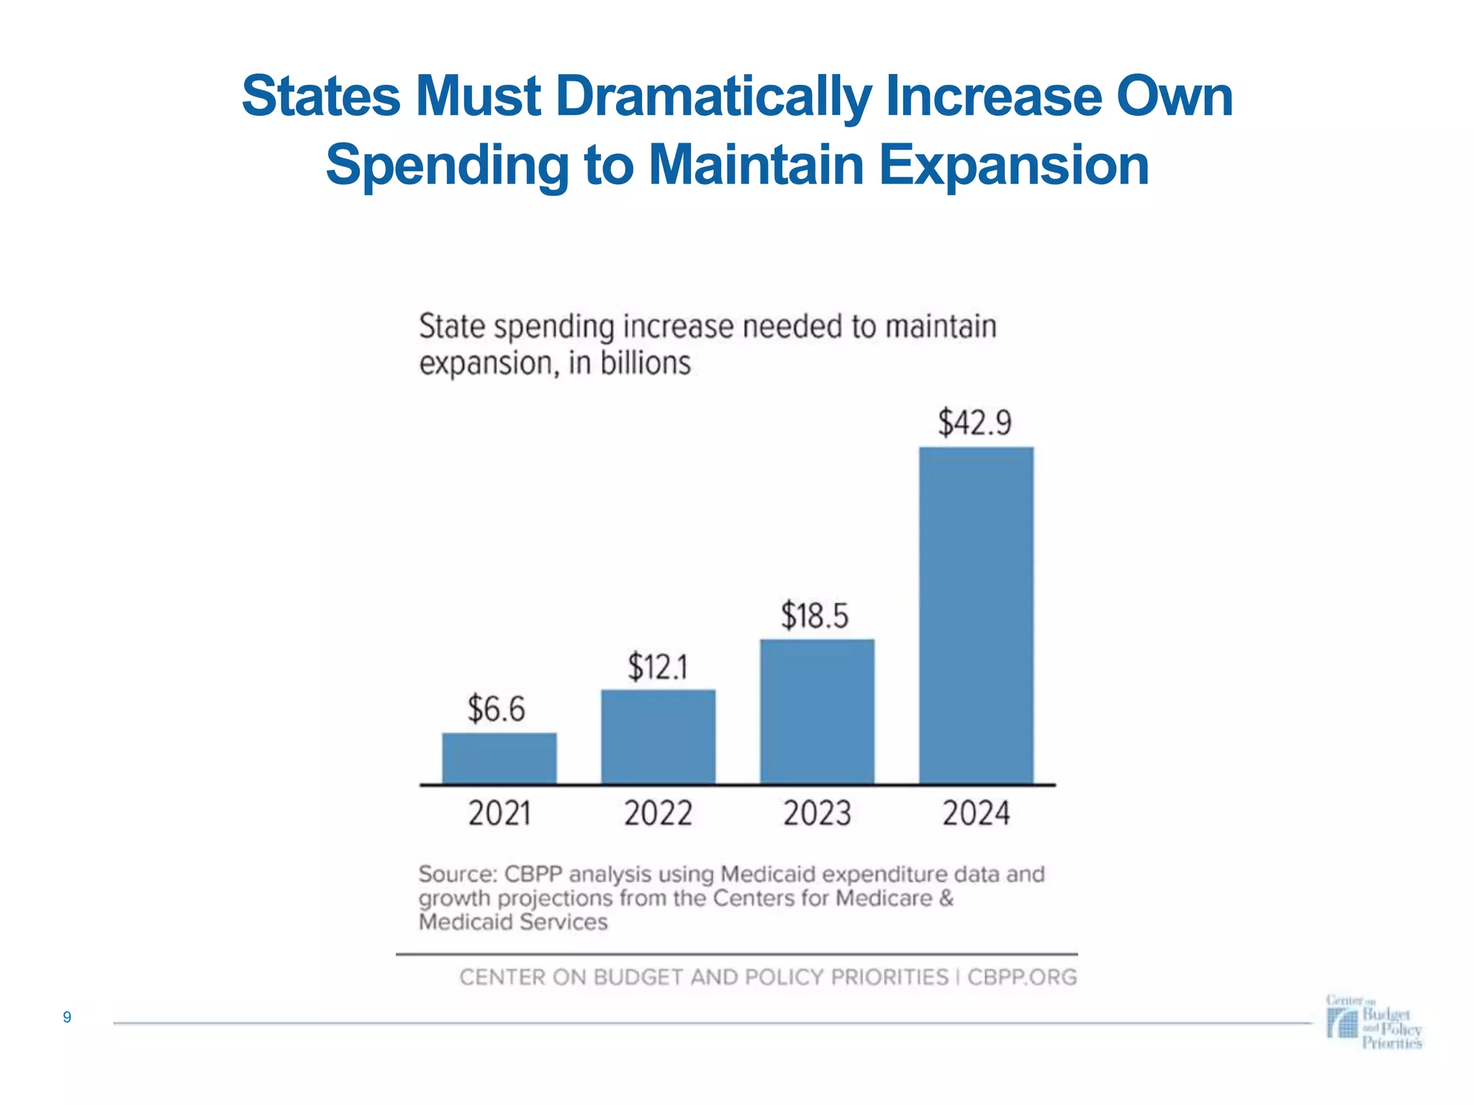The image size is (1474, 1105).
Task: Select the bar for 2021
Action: (499, 758)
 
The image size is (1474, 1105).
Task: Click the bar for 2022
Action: (658, 737)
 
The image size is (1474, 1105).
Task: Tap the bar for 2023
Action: (817, 711)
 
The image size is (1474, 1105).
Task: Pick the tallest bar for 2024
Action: (976, 615)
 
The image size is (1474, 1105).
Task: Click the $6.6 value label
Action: (497, 709)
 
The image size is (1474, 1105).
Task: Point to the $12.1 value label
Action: (658, 667)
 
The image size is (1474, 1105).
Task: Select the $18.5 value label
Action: (815, 617)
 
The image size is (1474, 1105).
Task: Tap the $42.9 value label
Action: (975, 422)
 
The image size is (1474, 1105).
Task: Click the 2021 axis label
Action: (499, 814)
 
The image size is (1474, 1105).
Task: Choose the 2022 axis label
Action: (658, 814)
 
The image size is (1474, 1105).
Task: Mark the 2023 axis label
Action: (817, 814)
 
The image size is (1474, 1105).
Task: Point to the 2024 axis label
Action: (977, 814)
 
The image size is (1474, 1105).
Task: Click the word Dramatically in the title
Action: (713, 97)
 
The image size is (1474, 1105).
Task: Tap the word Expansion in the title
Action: (1013, 165)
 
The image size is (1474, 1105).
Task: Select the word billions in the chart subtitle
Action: (646, 363)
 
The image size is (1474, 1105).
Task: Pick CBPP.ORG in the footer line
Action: (1022, 978)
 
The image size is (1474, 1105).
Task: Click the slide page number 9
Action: (67, 1017)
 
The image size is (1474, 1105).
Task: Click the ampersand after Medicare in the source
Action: (946, 899)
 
